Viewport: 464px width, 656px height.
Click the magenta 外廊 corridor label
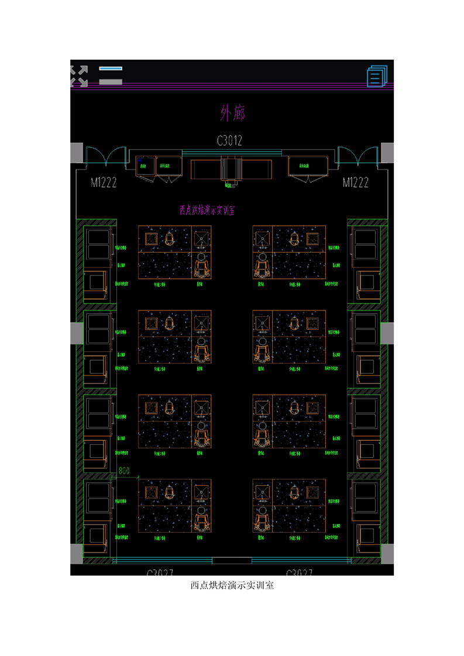point(232,113)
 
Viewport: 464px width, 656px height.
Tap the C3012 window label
point(229,141)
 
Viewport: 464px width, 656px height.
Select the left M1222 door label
point(104,182)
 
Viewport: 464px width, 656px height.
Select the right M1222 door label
point(355,182)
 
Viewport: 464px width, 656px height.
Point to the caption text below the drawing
point(232,585)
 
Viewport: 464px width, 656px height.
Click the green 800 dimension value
point(124,470)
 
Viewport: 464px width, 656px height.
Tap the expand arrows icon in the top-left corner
point(79,76)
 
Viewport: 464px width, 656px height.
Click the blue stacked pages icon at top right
point(377,77)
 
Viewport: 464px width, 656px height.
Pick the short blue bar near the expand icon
point(111,68)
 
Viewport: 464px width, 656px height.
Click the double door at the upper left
point(105,156)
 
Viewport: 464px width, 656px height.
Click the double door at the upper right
point(358,156)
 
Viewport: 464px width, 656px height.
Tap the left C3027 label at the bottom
point(160,573)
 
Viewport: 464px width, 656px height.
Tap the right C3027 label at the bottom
point(298,573)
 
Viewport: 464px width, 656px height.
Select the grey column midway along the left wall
point(77,333)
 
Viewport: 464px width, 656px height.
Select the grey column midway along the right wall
point(387,333)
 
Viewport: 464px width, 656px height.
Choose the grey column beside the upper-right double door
point(387,153)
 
